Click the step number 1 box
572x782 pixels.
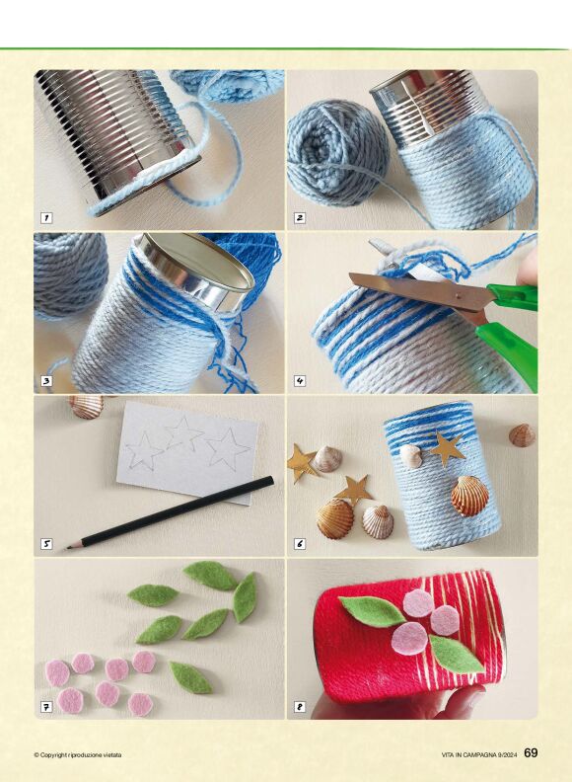[46, 218]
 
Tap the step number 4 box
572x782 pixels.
[300, 381]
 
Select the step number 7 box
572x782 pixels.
[46, 707]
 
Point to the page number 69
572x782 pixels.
[532, 753]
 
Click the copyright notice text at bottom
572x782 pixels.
[78, 755]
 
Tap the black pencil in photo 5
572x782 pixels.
[170, 512]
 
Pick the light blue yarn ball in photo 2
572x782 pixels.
[338, 152]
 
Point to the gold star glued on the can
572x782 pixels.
[447, 449]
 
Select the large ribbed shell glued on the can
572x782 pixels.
[469, 496]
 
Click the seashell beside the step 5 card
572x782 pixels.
[86, 407]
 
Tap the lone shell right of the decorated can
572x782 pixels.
[522, 435]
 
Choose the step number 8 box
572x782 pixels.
[300, 707]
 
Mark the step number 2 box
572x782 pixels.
[300, 218]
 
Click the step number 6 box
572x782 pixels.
[300, 544]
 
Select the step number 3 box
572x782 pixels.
[46, 381]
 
